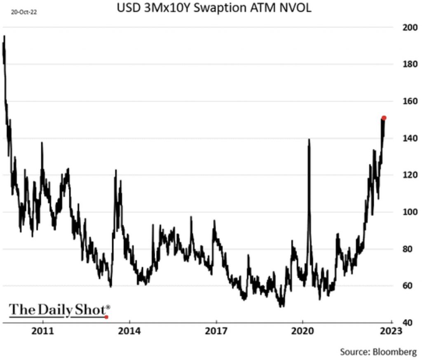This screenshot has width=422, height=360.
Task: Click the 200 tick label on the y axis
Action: click(410, 28)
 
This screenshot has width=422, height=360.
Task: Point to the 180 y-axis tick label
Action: click(410, 64)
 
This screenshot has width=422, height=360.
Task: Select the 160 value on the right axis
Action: click(410, 101)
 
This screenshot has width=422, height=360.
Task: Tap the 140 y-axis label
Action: click(410, 138)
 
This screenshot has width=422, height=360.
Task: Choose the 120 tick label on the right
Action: click(410, 175)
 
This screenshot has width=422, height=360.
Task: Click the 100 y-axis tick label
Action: click(410, 212)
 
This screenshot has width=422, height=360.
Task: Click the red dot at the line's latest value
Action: click(384, 118)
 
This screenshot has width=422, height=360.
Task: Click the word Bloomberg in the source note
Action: click(395, 352)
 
